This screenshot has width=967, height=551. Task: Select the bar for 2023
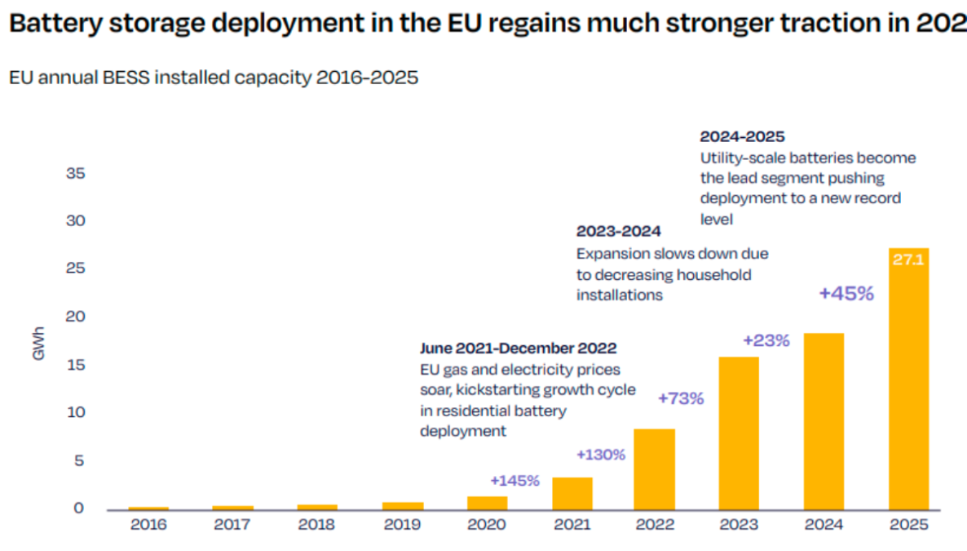(739, 433)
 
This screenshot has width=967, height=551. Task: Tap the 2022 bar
(654, 469)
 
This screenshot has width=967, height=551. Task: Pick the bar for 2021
(572, 494)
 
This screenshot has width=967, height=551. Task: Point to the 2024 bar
(823, 421)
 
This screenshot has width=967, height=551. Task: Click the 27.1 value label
(908, 261)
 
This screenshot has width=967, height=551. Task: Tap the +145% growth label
(514, 481)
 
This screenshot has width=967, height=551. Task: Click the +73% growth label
(680, 399)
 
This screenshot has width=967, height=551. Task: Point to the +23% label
(766, 340)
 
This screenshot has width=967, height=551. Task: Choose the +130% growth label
(600, 455)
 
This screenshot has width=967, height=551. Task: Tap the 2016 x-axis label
(148, 525)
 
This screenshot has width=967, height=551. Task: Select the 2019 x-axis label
(402, 525)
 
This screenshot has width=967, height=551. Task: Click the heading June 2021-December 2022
(518, 349)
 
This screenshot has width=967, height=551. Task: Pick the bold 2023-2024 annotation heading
(618, 232)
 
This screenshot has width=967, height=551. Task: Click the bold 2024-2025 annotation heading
(742, 136)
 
